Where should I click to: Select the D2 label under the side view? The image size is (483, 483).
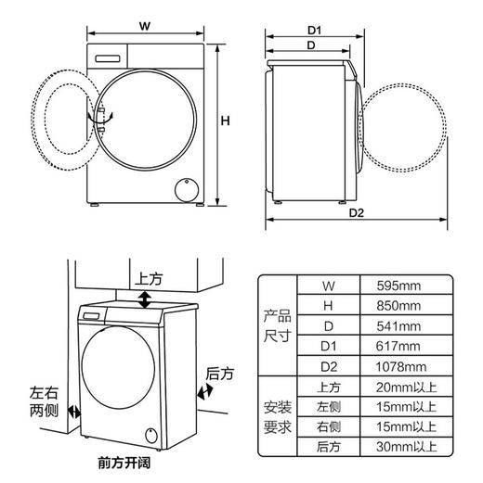pos(356,213)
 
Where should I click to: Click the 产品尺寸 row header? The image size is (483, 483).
pos(277,325)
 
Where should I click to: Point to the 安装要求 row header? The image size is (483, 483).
pos(277,417)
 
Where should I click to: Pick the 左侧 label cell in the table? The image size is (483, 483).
pos(328,407)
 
